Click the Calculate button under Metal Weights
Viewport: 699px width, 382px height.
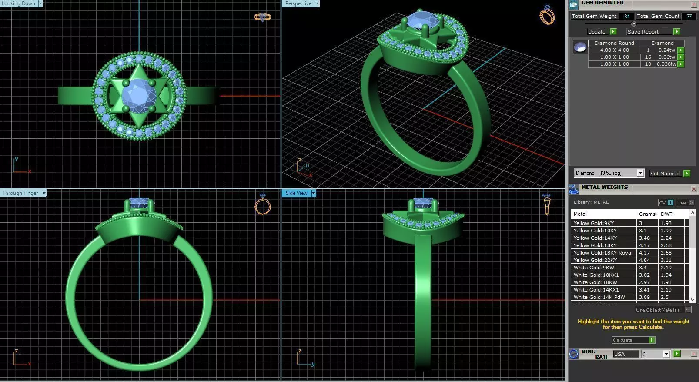633,340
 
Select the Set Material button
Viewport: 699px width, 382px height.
669,173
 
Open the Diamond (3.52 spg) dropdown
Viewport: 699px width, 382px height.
640,173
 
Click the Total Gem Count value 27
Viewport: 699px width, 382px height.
689,16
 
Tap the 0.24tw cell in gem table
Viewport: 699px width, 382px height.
666,50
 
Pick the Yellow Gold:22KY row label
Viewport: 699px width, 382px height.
595,260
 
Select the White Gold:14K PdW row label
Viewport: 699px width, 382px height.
599,297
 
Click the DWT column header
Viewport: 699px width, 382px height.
666,214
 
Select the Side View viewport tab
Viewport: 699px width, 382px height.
297,193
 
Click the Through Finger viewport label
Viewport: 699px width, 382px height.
20,193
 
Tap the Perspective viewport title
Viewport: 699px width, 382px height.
298,3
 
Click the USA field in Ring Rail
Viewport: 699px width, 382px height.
625,354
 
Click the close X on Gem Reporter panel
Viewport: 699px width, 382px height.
694,4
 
